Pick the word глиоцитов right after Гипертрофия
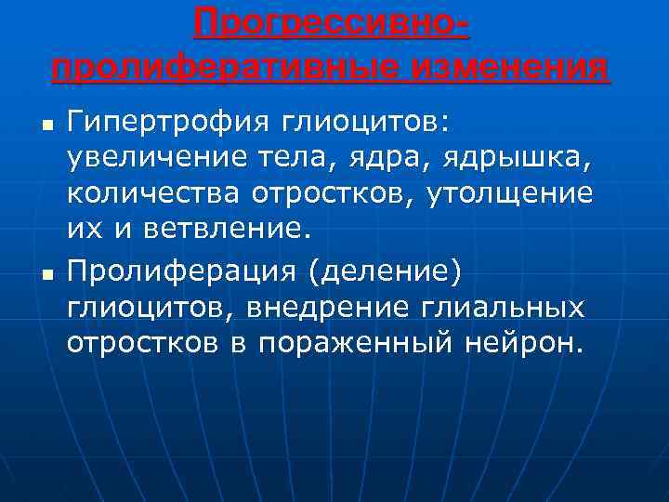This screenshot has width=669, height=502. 343,122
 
